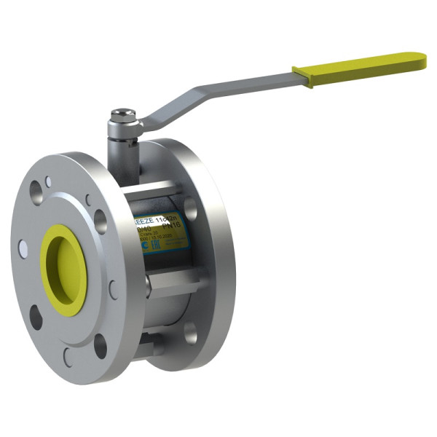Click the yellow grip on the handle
point(360,68)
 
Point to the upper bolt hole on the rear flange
point(190,208)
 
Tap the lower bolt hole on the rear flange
point(190,332)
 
